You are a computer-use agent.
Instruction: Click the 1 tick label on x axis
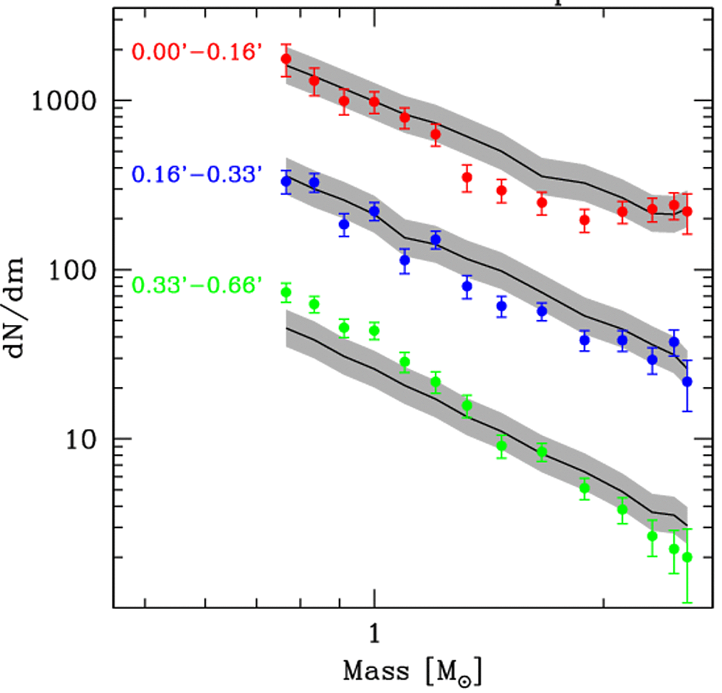tap(374, 633)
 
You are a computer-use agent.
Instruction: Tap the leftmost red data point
tap(286, 59)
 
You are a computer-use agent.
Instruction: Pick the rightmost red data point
tap(687, 212)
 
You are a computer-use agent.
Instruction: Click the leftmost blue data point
tap(286, 182)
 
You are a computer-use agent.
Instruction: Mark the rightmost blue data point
tap(687, 382)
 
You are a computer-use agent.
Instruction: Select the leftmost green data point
tap(286, 293)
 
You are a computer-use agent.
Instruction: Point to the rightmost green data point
tap(687, 557)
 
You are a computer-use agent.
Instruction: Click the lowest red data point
tap(585, 220)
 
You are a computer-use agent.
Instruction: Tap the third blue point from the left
tap(344, 225)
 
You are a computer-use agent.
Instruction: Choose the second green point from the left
tap(314, 304)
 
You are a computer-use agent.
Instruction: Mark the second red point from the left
tap(314, 81)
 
